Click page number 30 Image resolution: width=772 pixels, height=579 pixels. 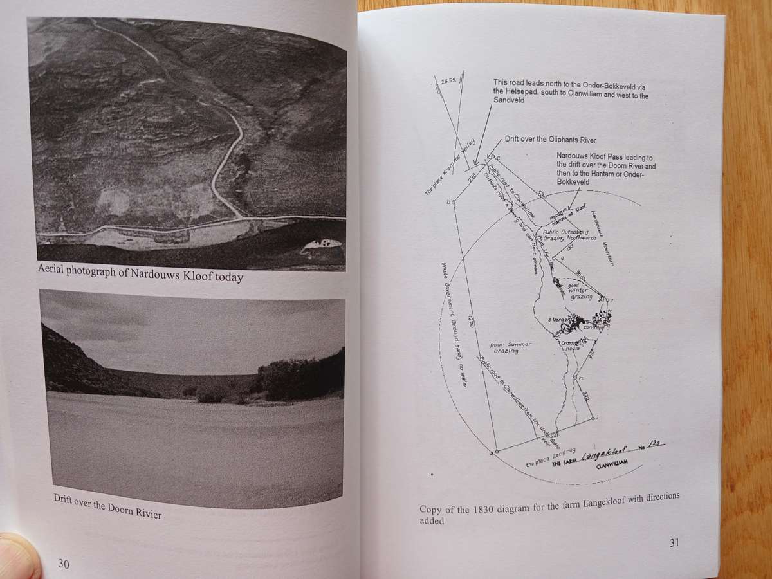point(64,564)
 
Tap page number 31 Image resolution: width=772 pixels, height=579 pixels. point(674,542)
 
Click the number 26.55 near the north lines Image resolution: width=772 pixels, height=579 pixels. point(448,82)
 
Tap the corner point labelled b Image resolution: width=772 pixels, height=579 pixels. point(449,202)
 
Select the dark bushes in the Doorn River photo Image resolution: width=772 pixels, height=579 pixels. point(299,376)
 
